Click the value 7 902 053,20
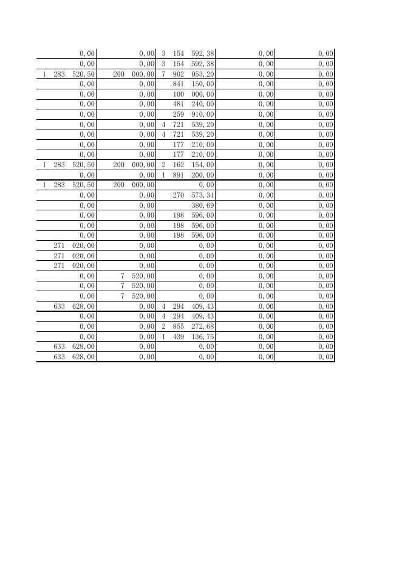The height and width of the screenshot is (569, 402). click(x=188, y=74)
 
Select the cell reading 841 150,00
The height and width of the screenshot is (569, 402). click(x=193, y=84)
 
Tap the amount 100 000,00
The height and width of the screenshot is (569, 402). click(x=193, y=94)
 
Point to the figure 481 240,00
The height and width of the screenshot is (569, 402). click(x=193, y=104)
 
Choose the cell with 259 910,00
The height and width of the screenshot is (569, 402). click(x=193, y=114)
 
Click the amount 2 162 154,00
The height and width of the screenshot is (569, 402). click(x=188, y=165)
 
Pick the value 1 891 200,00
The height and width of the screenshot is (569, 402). click(x=188, y=175)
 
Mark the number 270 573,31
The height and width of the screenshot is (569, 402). click(x=193, y=195)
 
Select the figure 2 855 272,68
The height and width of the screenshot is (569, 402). click(x=188, y=326)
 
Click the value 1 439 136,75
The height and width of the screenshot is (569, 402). click(x=188, y=337)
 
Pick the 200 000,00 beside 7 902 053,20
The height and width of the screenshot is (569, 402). click(x=134, y=74)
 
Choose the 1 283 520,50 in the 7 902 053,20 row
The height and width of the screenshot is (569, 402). click(x=69, y=74)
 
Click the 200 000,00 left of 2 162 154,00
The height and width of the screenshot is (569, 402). click(x=134, y=165)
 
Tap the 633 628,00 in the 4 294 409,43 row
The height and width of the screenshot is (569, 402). click(x=74, y=306)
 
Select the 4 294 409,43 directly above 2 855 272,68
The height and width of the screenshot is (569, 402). click(x=188, y=316)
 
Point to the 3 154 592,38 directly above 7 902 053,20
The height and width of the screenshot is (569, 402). click(x=188, y=64)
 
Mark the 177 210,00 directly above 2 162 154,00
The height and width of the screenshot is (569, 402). click(x=193, y=155)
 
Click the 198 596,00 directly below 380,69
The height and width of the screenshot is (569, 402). click(x=193, y=215)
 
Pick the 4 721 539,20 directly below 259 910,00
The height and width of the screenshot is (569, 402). click(x=188, y=125)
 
